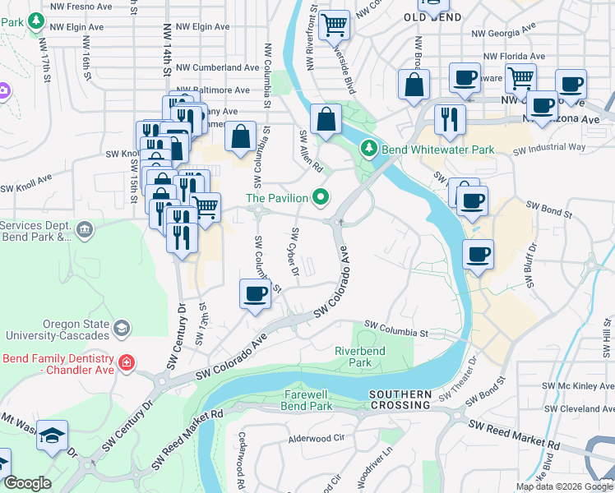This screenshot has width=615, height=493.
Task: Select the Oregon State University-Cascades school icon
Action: coord(121,328)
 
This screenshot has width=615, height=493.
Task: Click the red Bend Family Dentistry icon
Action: coord(126,362)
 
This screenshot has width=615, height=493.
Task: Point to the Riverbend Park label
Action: coord(360,356)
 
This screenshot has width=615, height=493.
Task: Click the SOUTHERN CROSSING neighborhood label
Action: coord(400,400)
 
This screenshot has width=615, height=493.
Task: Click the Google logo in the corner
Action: coord(27,483)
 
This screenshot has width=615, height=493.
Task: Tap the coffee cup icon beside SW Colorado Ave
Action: coord(255,293)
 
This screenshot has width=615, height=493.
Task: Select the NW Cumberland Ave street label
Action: coord(218,67)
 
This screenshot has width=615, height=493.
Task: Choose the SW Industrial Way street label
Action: coord(549,149)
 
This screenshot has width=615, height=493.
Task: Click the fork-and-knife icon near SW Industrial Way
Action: coord(449,119)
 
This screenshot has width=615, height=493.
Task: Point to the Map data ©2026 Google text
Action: coord(564,486)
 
